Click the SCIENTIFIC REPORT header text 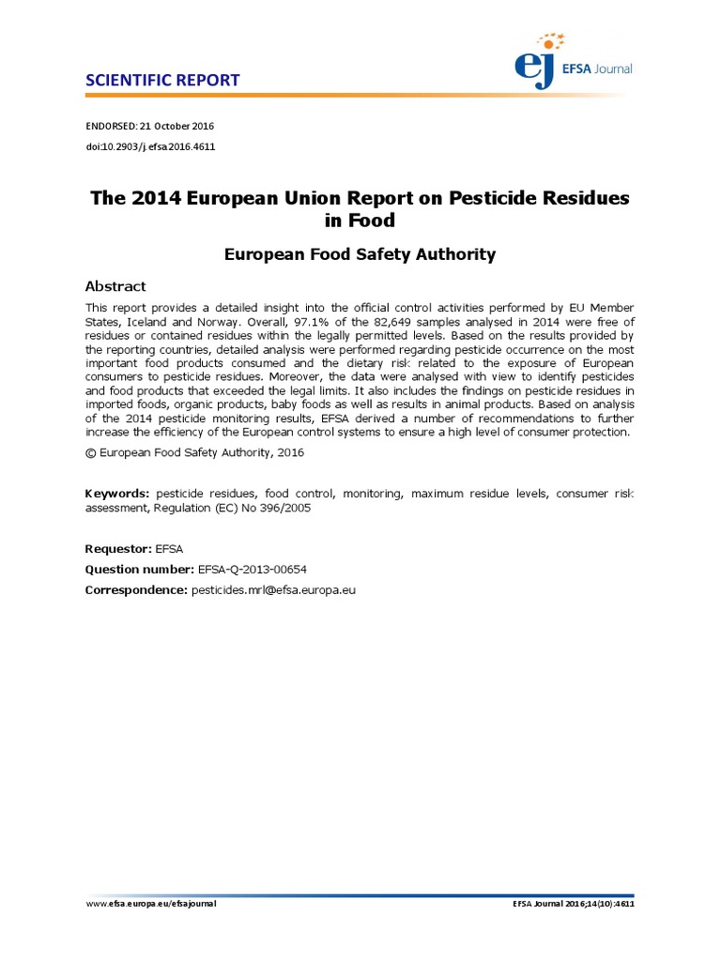point(162,80)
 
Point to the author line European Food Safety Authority point(360,254)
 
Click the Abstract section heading point(115,286)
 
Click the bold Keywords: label point(117,493)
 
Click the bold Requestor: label point(118,548)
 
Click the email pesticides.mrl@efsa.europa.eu point(274,589)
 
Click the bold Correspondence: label point(136,589)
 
